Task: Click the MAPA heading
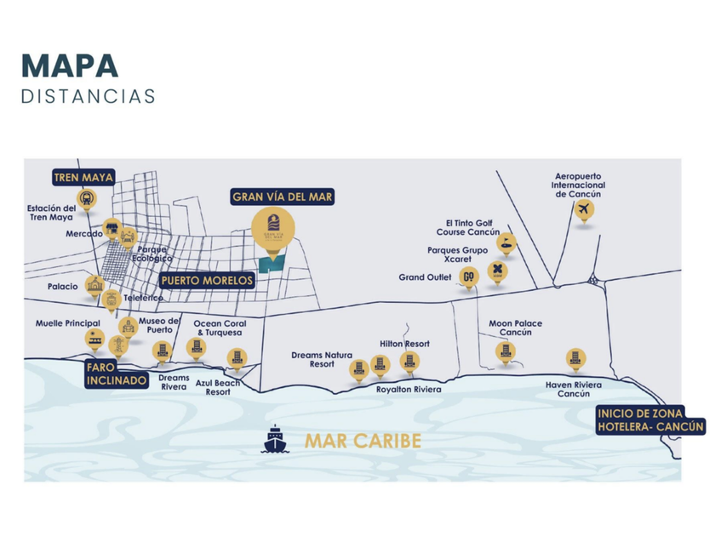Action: pos(70,66)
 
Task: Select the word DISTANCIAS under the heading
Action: pos(89,95)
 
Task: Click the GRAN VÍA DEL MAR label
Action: pos(283,197)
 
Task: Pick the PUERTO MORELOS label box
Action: pos(206,280)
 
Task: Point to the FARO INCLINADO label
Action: pos(116,374)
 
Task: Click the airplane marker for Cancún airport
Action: pos(583,210)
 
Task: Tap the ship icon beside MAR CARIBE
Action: pos(277,440)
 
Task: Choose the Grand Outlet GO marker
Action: pos(468,277)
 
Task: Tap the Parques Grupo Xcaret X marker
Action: pos(496,271)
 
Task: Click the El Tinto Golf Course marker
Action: pos(506,244)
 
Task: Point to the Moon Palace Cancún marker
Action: pos(503,351)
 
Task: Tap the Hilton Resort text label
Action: pos(405,344)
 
